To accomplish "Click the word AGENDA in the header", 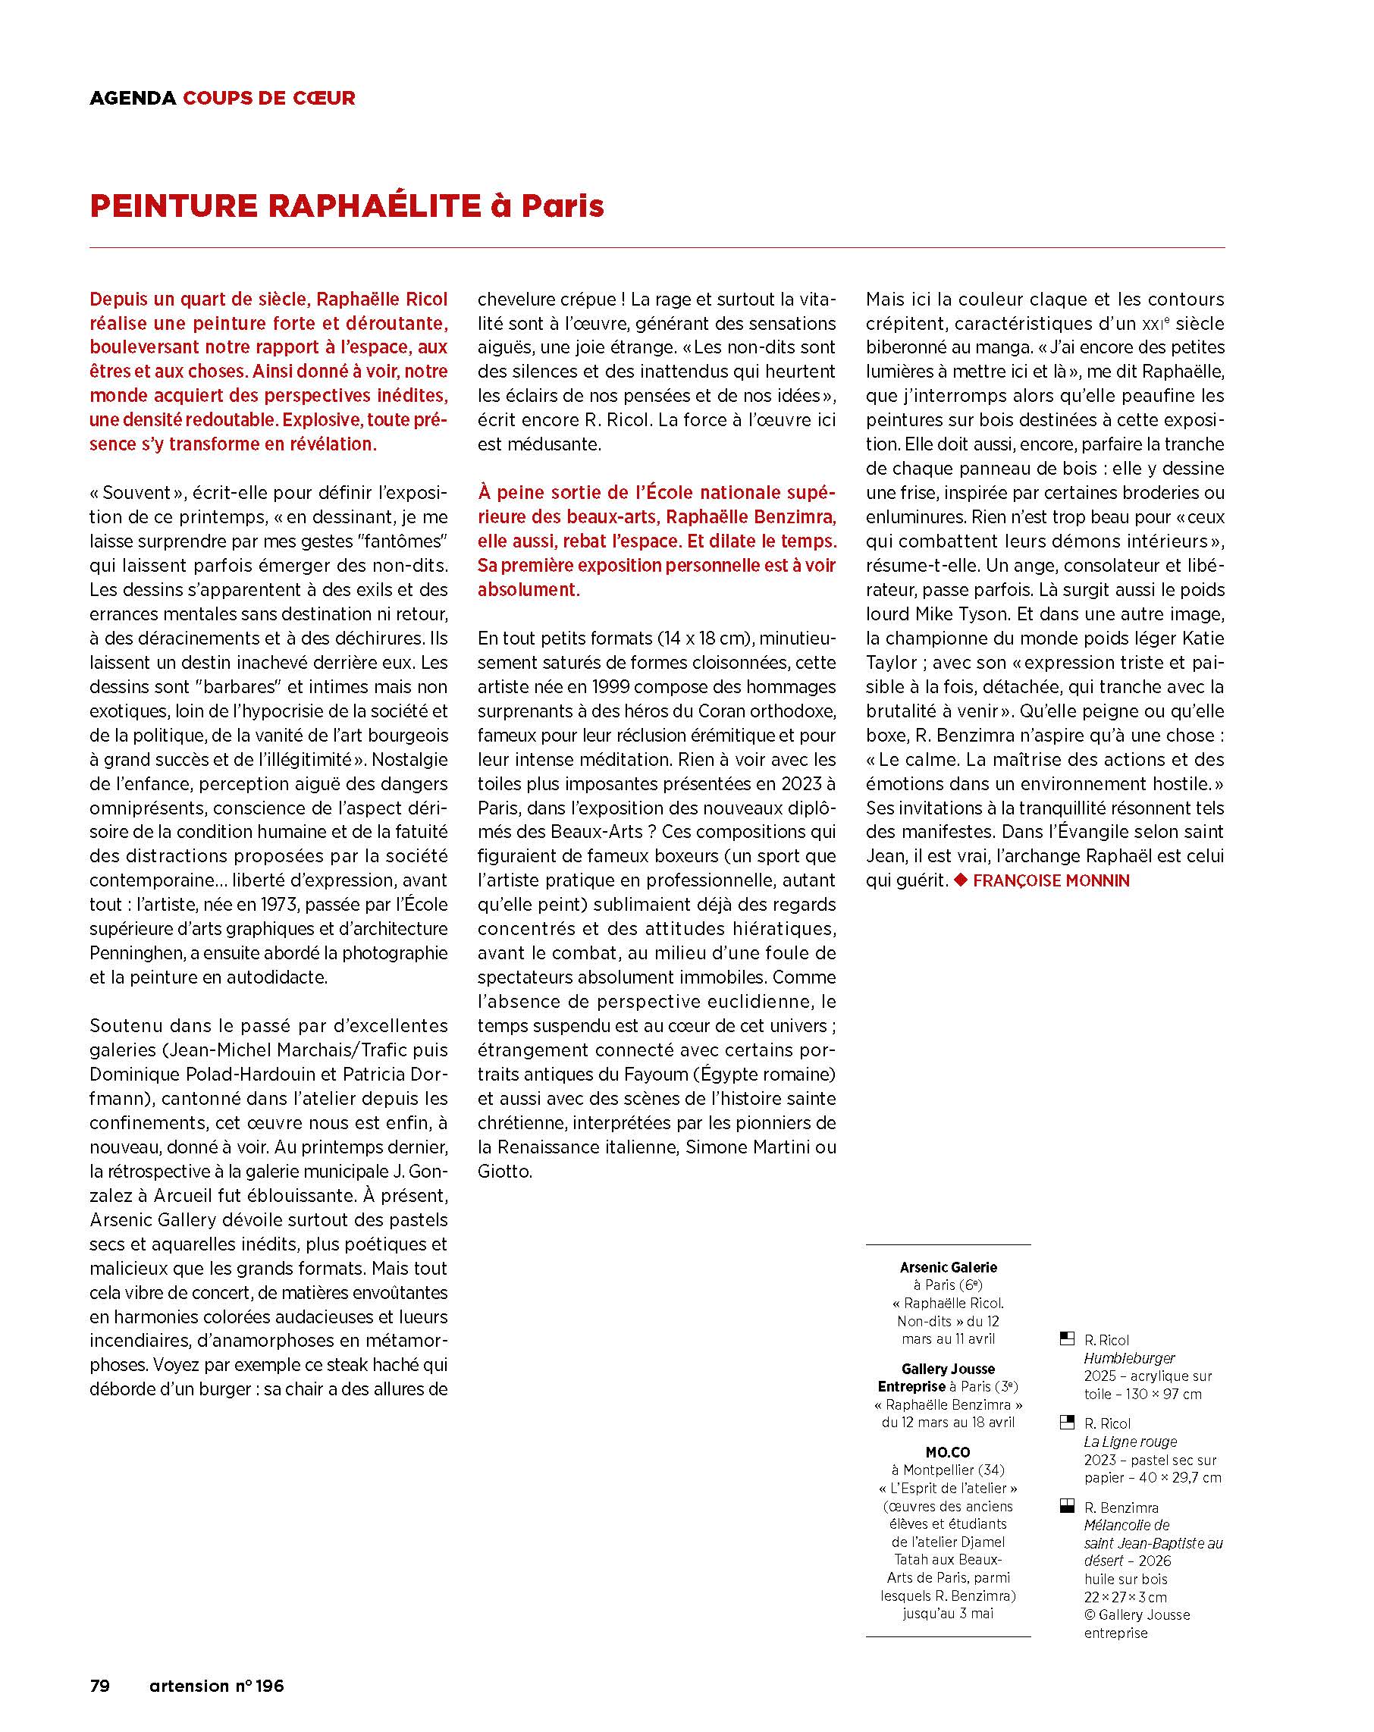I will click(133, 98).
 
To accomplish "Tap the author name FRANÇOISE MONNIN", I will click(1051, 880).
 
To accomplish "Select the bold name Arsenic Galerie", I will click(948, 1267).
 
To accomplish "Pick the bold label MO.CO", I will click(948, 1451).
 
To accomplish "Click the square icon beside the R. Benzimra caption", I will click(1067, 1506).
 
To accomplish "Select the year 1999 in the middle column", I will click(616, 687).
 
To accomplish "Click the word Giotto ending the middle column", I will click(504, 1172).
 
